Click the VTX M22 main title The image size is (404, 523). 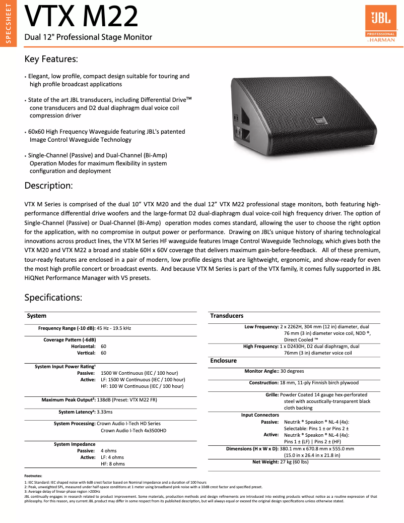(x=81, y=16)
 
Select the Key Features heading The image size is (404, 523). (x=51, y=59)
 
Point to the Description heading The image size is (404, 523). (x=48, y=186)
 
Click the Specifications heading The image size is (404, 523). (x=53, y=297)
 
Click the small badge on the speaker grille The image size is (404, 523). (x=319, y=120)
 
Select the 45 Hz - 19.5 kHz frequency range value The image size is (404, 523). (x=114, y=328)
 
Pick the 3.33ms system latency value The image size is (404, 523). (x=105, y=412)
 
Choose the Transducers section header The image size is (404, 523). (x=227, y=316)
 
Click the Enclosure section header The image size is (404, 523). (x=223, y=361)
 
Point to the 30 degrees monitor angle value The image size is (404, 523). (x=292, y=371)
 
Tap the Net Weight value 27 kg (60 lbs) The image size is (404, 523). (x=294, y=461)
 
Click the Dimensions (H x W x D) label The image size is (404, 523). (x=252, y=448)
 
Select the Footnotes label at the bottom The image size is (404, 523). (x=33, y=476)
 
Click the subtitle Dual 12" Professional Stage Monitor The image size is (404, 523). (x=88, y=37)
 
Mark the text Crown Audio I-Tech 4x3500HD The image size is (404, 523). (x=133, y=430)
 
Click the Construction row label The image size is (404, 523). (x=263, y=383)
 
